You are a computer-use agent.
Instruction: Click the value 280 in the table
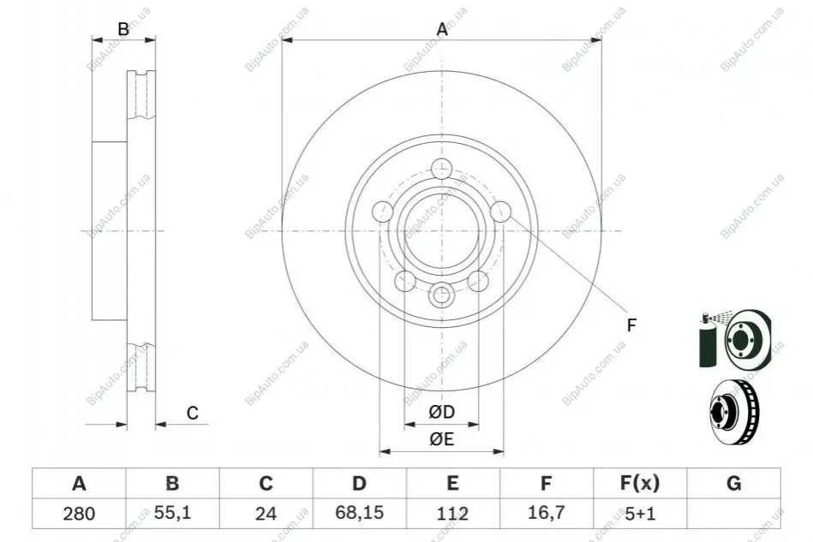click(79, 514)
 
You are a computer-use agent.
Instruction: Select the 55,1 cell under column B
click(173, 513)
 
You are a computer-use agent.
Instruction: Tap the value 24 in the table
click(266, 514)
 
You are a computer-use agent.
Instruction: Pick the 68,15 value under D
click(359, 513)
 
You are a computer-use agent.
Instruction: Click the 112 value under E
click(452, 514)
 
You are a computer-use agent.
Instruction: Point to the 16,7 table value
click(546, 513)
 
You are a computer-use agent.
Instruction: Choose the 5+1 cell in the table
click(640, 514)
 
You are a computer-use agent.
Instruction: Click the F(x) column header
click(640, 483)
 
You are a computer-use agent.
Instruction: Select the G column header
click(733, 483)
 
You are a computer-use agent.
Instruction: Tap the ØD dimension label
click(442, 412)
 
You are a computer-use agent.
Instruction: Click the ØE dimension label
click(442, 439)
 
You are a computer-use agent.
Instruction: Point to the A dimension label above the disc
click(442, 29)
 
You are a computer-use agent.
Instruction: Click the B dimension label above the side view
click(123, 29)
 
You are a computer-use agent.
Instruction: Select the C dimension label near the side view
click(193, 413)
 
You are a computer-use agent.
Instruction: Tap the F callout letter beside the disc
click(631, 325)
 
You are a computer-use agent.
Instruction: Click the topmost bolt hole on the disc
click(442, 169)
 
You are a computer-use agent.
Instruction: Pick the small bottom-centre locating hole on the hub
click(441, 295)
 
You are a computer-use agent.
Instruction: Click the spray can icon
click(707, 341)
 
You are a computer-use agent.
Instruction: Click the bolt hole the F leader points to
click(500, 211)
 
